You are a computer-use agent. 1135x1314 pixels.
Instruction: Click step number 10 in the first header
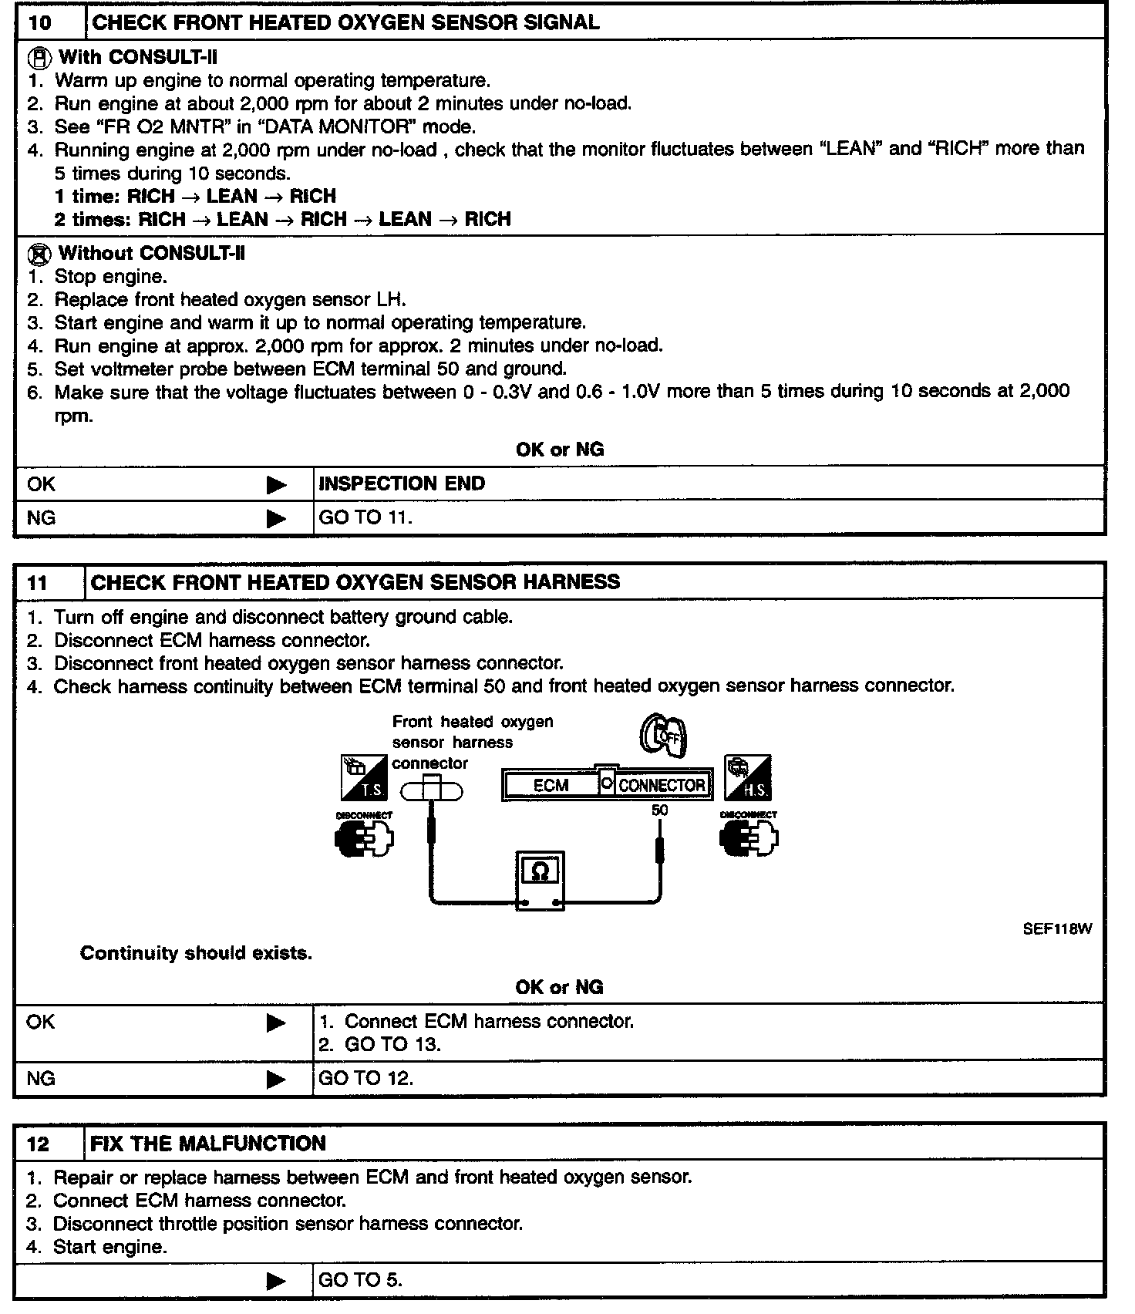pyautogui.click(x=39, y=22)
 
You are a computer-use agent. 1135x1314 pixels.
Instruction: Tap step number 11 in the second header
pyautogui.click(x=38, y=583)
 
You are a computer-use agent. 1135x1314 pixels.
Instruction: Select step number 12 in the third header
pyautogui.click(x=38, y=1144)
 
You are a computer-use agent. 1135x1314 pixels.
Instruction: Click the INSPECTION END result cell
pyautogui.click(x=402, y=484)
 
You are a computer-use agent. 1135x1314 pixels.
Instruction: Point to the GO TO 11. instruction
pyautogui.click(x=365, y=518)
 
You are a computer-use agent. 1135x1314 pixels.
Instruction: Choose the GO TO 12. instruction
pyautogui.click(x=365, y=1079)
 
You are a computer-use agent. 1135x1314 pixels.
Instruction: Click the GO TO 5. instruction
pyautogui.click(x=360, y=1281)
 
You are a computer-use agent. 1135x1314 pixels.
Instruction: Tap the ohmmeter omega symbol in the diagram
pyautogui.click(x=541, y=872)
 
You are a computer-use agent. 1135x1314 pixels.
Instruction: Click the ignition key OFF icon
pyautogui.click(x=663, y=735)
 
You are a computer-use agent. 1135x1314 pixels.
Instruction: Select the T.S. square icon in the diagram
pyautogui.click(x=364, y=778)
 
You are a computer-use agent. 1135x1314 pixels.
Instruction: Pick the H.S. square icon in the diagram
pyautogui.click(x=748, y=778)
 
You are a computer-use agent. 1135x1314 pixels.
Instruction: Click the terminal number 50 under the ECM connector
pyautogui.click(x=660, y=810)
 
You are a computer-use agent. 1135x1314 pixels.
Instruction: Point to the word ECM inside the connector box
pyautogui.click(x=551, y=786)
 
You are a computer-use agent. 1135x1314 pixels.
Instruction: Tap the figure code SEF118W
pyautogui.click(x=1057, y=929)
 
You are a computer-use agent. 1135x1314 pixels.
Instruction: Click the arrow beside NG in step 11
pyautogui.click(x=276, y=1080)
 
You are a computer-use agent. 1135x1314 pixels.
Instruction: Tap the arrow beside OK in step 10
pyautogui.click(x=276, y=485)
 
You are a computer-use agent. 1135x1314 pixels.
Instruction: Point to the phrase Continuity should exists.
pyautogui.click(x=196, y=954)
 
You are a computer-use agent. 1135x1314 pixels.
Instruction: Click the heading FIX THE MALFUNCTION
pyautogui.click(x=208, y=1144)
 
